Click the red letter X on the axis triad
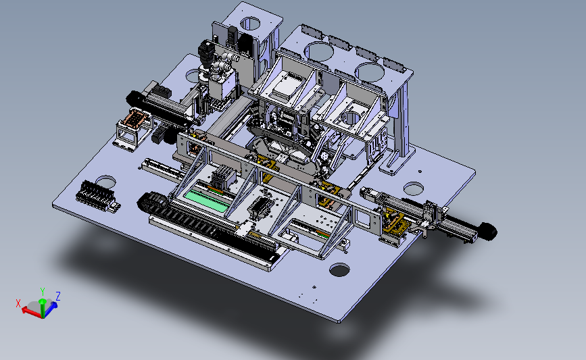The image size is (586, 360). pos(18,303)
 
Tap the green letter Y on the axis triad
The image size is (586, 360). pos(43,292)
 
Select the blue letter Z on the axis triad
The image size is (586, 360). pos(58,296)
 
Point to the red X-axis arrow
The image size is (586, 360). pos(31,311)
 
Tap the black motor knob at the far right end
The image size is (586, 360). pos(487,232)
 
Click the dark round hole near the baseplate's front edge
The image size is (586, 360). pos(339,270)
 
